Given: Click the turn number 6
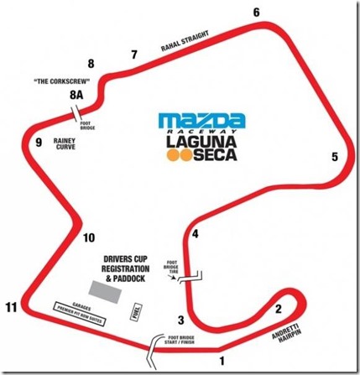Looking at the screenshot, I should (x=256, y=12).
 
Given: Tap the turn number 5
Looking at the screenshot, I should (x=334, y=157).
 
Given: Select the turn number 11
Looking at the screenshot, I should (x=9, y=307).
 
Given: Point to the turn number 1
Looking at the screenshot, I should (x=222, y=362).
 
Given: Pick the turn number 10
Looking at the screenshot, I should (x=90, y=237).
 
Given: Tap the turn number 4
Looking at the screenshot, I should (x=196, y=234).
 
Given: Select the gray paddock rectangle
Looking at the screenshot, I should (x=105, y=289).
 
